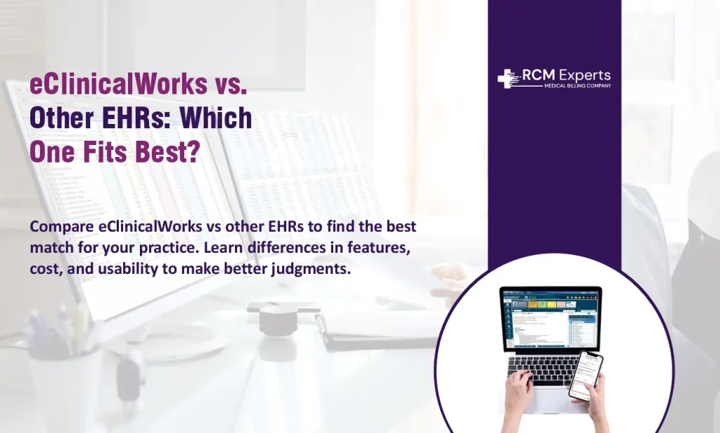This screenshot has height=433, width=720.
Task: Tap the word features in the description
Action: pos(384,248)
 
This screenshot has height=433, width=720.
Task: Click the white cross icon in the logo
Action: pos(508,78)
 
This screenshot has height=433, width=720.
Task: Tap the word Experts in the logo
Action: pos(585,75)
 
